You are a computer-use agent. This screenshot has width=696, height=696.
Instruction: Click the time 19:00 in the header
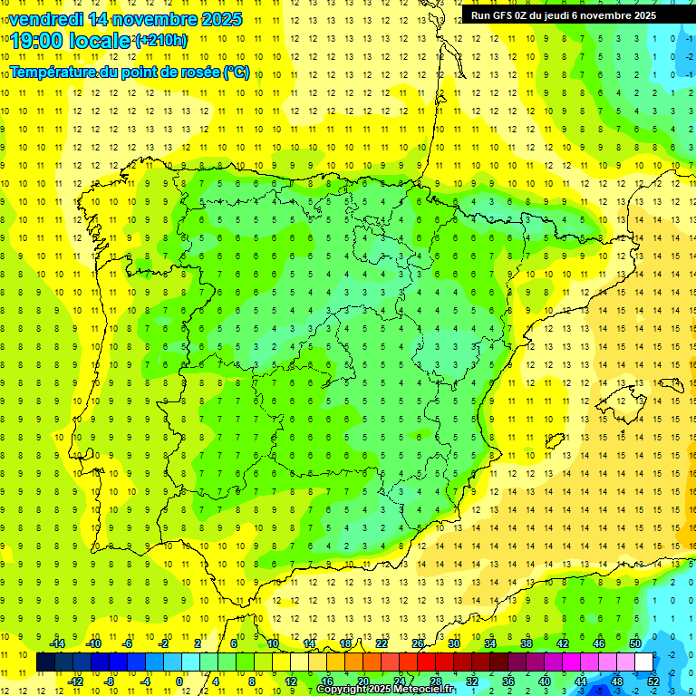coord(37,41)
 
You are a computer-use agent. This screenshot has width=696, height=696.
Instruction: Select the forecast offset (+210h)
coord(160,40)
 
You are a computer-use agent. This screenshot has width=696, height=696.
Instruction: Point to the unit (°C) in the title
coord(237,72)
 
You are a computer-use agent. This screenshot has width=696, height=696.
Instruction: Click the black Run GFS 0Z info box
coord(575,14)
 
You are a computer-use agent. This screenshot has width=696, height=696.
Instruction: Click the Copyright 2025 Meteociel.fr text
coord(384,690)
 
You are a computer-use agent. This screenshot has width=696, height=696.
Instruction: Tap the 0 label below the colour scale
coord(179,681)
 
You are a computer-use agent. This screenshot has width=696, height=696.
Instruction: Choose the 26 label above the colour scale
coord(418,643)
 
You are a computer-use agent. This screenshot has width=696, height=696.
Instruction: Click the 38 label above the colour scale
coord(526,643)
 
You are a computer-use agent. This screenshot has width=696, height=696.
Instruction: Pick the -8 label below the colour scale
coord(109,681)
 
